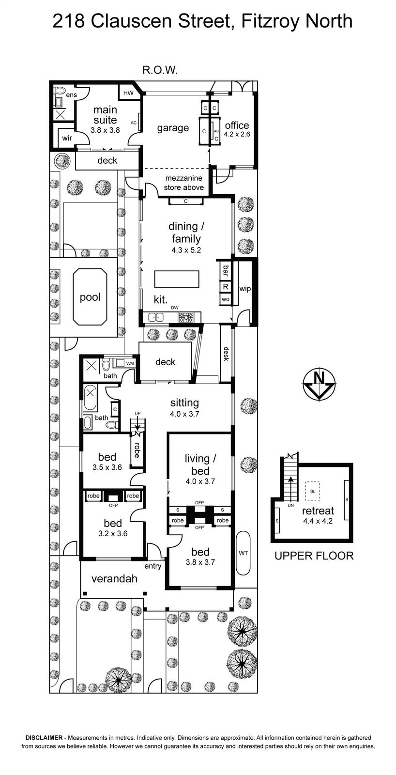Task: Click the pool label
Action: tap(90, 297)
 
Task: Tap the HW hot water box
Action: tap(128, 93)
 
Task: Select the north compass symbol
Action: tap(319, 384)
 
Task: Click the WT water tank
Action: tap(244, 553)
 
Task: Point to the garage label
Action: tap(173, 128)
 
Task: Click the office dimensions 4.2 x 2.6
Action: tap(237, 134)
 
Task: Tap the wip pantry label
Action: tap(245, 289)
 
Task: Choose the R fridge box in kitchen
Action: tap(226, 286)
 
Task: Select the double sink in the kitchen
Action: tap(156, 317)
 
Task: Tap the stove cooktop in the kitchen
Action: tap(186, 317)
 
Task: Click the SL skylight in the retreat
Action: tap(313, 491)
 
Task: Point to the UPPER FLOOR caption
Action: tap(314, 556)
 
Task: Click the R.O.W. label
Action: tap(160, 70)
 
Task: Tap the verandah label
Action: tap(114, 579)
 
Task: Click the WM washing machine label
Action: tap(130, 363)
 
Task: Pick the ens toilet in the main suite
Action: tap(60, 90)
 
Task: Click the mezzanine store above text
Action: tap(183, 183)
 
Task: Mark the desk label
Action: tap(226, 354)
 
